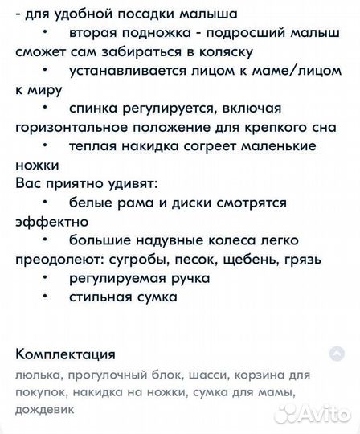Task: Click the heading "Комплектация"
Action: (65, 354)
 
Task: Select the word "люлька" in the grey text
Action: (34, 375)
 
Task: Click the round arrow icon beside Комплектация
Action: (337, 354)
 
